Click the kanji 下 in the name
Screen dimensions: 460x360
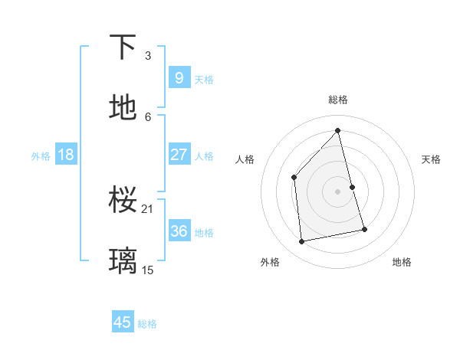(123, 47)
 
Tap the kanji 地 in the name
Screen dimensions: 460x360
(123, 108)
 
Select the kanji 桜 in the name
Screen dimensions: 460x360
(123, 200)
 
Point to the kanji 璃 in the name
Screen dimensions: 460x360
(123, 261)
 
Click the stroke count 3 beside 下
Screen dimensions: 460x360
(148, 55)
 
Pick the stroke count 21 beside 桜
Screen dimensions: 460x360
(148, 208)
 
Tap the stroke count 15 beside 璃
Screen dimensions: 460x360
(148, 270)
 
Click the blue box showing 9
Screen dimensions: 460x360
(179, 77)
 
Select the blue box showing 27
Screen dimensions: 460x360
(179, 154)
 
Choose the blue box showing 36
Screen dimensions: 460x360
(179, 231)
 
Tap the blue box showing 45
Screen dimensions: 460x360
(123, 322)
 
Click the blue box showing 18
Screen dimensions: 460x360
(66, 155)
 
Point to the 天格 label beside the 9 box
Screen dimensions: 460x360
(204, 79)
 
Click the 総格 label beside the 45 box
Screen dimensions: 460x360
(147, 324)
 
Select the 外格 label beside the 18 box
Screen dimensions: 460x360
(41, 156)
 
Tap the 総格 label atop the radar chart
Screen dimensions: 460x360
(338, 100)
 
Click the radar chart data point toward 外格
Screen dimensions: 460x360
(302, 242)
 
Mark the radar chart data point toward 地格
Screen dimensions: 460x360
(364, 229)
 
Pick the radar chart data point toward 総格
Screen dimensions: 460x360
(338, 130)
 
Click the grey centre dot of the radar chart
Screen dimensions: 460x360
(338, 191)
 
